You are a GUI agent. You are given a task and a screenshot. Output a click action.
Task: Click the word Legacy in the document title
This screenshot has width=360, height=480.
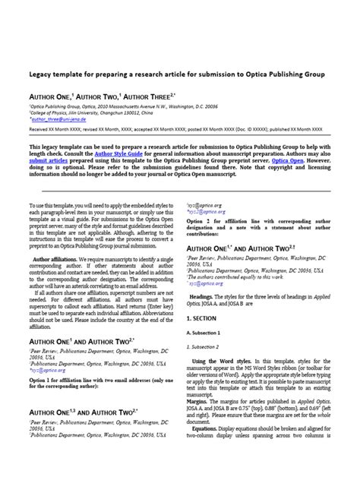(43, 75)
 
